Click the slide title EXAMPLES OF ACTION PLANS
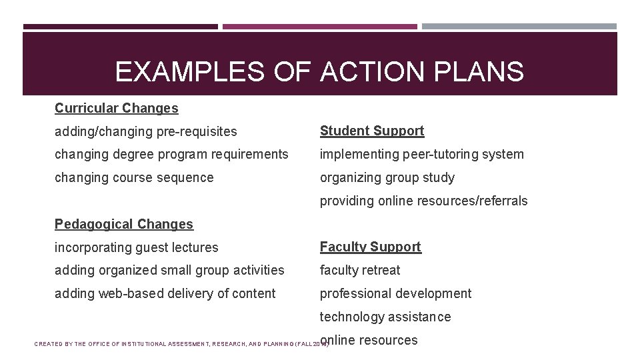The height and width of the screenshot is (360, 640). pos(319,72)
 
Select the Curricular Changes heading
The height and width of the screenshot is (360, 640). pos(117,108)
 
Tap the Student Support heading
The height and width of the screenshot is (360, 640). pos(372,131)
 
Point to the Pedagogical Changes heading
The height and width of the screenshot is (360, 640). pos(124,224)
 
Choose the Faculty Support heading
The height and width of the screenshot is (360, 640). pos(371,247)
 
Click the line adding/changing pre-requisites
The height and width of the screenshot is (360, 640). pos(146,131)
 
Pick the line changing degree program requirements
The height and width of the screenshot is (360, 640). pos(171,154)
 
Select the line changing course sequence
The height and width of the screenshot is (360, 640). pos(134,177)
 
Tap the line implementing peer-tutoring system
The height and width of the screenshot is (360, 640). pos(422,154)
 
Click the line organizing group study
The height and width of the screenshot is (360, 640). pos(387,177)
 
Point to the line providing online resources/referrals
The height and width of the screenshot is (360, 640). pos(424,201)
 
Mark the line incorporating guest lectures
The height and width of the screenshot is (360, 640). pos(137,247)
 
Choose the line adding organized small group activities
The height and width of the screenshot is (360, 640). pos(169,270)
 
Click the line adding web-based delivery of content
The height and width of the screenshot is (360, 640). pos(165,293)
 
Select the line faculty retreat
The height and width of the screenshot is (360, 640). pos(360,270)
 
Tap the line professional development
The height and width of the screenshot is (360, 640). pos(395,293)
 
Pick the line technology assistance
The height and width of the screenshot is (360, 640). pos(385,317)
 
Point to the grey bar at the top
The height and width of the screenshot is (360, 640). pos(519,27)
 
